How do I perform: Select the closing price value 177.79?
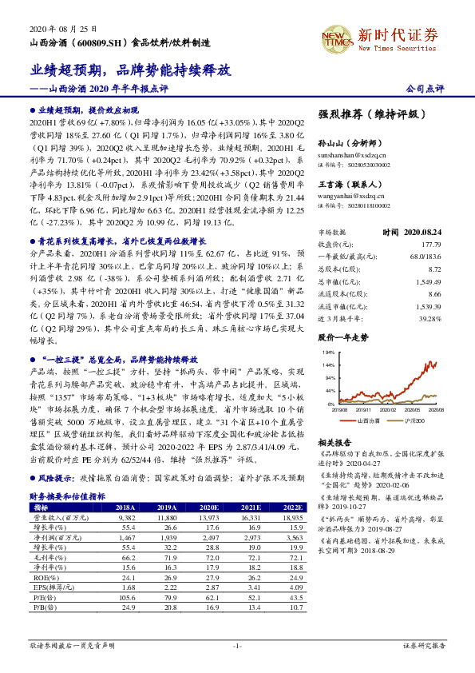tap(430, 244)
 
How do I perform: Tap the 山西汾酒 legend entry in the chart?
tap(369, 420)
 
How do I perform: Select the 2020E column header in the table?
tap(208, 507)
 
